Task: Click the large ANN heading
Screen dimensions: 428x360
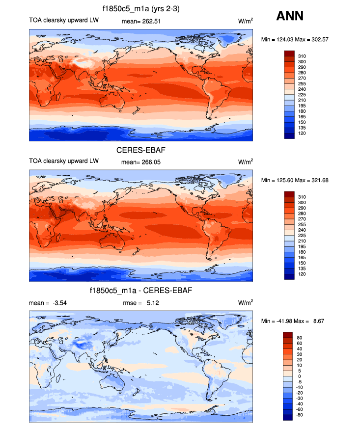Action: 290,16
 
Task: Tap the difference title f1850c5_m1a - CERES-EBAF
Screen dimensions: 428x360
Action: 141,291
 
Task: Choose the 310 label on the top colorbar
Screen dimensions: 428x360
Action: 303,56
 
